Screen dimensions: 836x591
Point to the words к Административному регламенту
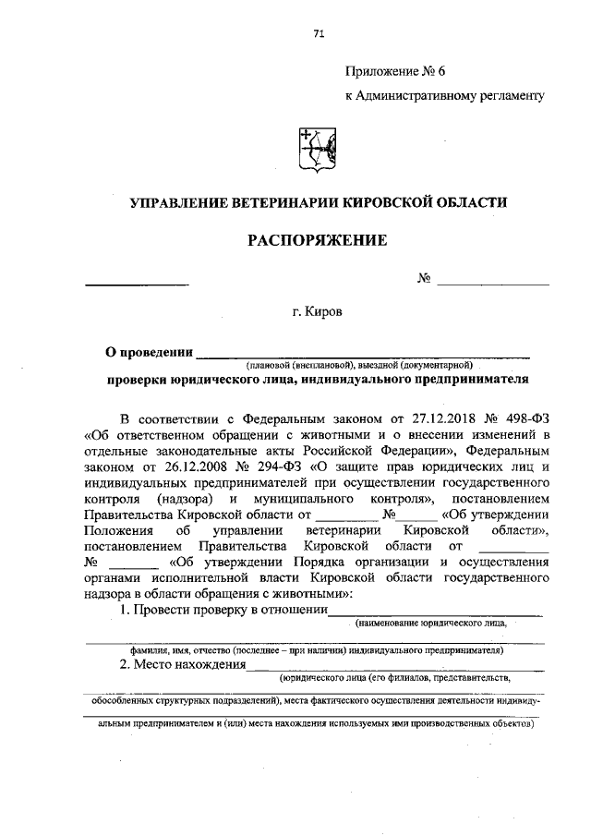[444, 95]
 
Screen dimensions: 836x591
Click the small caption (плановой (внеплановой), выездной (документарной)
[359, 364]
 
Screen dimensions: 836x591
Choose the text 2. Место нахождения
[183, 664]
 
